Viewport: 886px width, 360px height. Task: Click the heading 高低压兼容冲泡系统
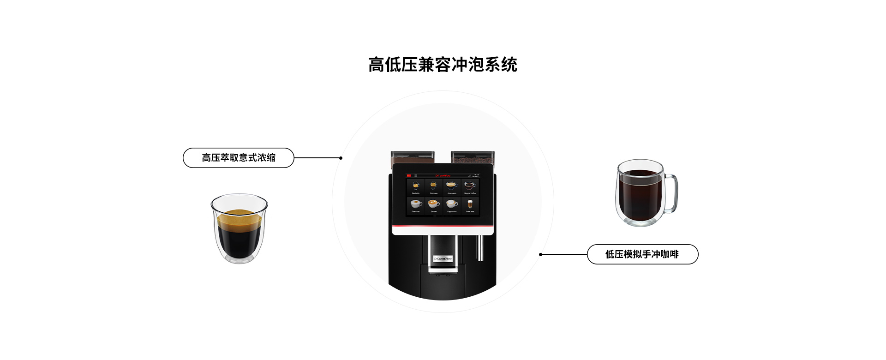443,65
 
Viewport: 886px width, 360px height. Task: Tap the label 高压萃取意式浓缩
238,158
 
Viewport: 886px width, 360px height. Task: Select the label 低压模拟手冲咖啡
642,254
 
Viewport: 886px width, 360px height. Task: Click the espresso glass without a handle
239,228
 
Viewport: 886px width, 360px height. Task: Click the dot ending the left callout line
341,158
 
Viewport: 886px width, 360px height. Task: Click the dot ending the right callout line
540,254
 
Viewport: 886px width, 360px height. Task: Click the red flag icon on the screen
408,175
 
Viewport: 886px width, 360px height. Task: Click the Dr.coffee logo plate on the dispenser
443,258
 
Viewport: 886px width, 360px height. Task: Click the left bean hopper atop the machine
412,158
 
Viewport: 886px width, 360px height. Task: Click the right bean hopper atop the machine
473,158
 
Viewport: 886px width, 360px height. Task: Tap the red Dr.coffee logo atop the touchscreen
443,175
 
